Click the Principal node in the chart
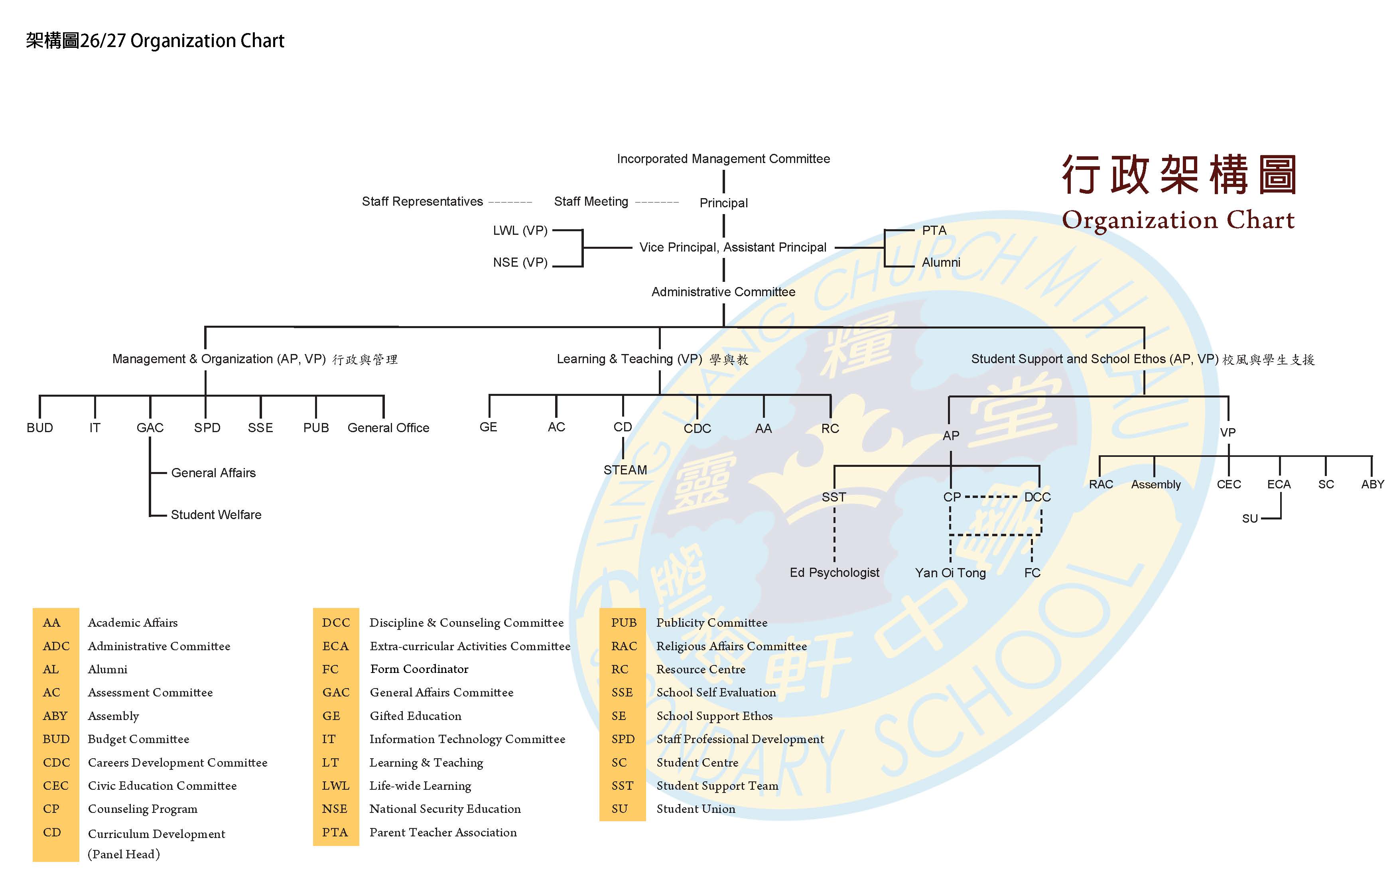(x=723, y=203)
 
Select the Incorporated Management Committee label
(x=723, y=159)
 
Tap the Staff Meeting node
(x=591, y=202)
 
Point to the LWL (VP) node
(x=520, y=231)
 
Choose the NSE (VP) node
(x=520, y=263)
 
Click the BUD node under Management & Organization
(x=39, y=428)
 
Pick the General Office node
(x=388, y=428)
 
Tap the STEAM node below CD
(x=625, y=470)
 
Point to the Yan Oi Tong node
(x=950, y=572)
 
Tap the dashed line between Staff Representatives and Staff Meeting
(x=510, y=202)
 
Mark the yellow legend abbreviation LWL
(x=335, y=786)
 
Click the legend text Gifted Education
(x=416, y=716)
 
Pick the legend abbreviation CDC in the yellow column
(x=56, y=763)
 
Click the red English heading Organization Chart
(x=1178, y=220)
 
